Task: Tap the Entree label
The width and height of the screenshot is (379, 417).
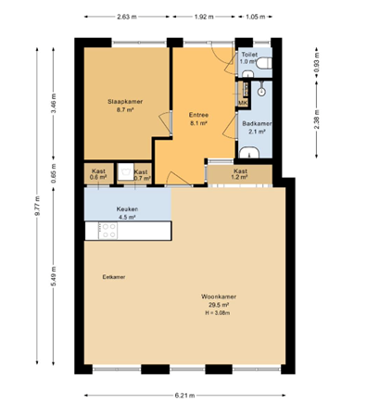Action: (x=198, y=114)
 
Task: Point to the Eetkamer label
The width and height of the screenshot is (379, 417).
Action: (x=114, y=276)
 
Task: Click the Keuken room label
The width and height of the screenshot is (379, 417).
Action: (x=127, y=209)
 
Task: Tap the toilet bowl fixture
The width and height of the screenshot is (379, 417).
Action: (x=265, y=62)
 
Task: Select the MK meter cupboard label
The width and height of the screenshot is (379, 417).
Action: (x=243, y=102)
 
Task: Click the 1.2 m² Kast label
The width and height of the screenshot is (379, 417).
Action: (x=240, y=171)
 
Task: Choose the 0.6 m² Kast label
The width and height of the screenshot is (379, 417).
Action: (x=98, y=171)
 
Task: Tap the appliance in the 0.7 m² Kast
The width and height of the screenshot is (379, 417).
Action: (x=124, y=171)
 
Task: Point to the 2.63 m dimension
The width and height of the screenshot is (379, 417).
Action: (x=130, y=17)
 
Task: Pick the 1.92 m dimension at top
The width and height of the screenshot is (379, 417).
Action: (x=204, y=17)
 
